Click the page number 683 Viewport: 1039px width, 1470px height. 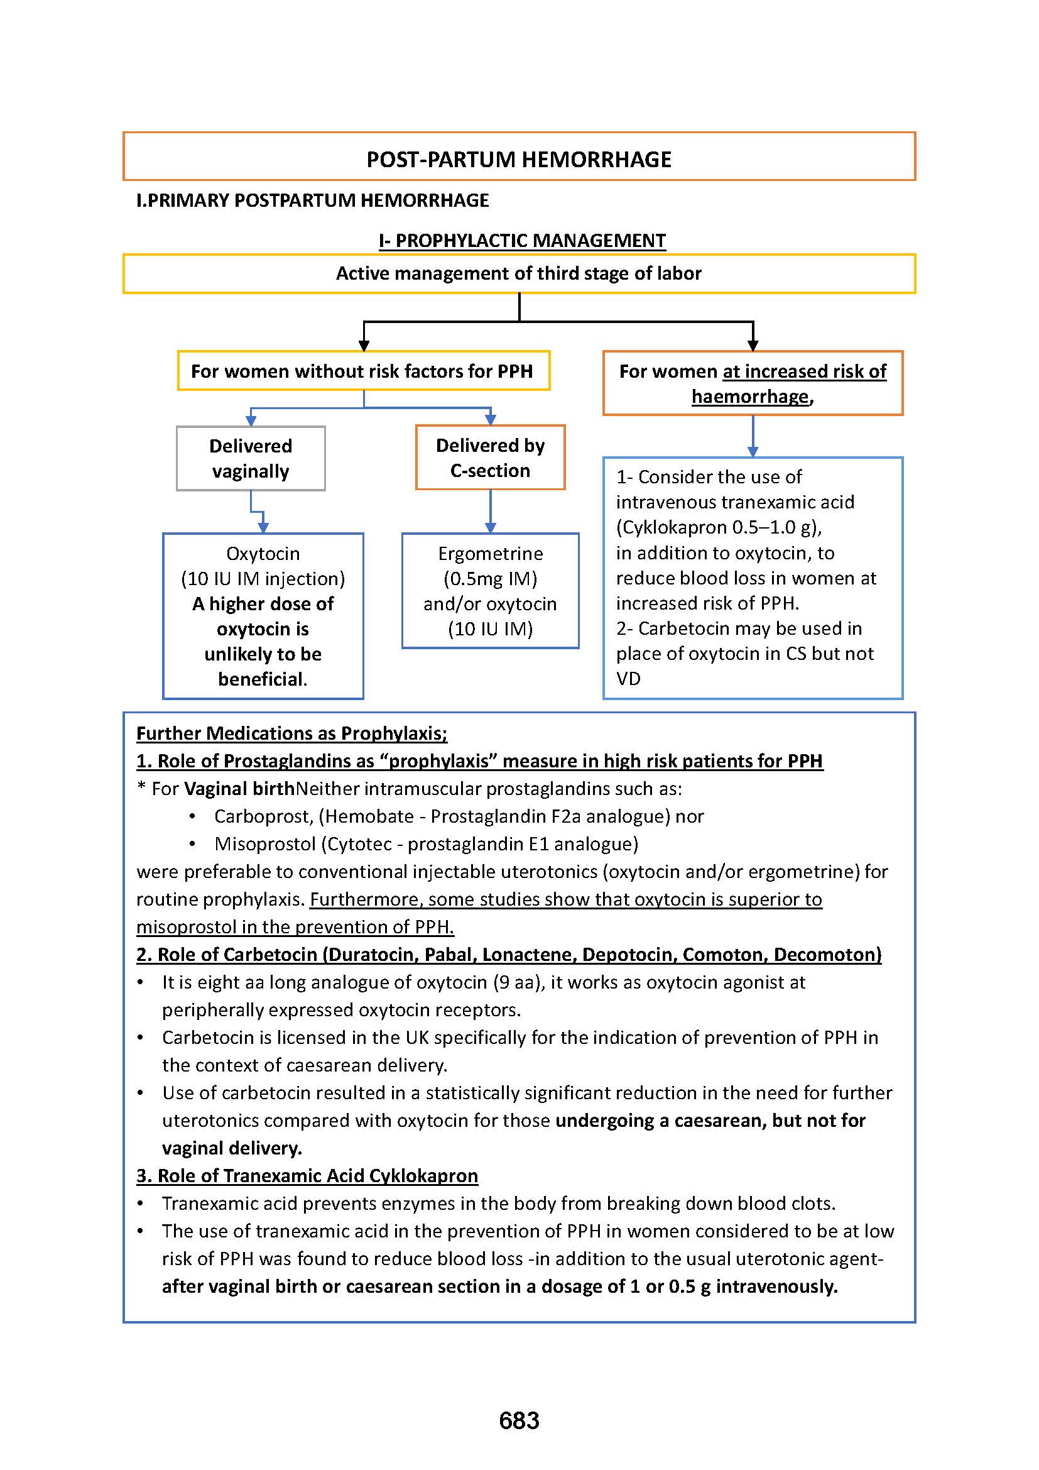tap(519, 1421)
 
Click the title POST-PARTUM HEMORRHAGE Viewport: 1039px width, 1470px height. tap(519, 160)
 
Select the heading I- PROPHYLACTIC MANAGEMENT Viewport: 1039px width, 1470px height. tap(522, 241)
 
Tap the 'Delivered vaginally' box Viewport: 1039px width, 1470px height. tap(251, 458)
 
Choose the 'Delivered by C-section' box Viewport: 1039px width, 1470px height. tap(490, 458)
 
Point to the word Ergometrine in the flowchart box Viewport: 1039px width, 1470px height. tap(490, 553)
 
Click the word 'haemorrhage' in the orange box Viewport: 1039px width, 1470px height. tap(750, 397)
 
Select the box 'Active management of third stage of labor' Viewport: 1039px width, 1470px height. tap(519, 273)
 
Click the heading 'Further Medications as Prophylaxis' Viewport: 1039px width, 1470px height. tap(291, 733)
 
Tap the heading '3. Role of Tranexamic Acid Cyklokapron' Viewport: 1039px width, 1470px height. tap(307, 1175)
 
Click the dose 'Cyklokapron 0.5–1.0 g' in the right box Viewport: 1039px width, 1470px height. tap(717, 527)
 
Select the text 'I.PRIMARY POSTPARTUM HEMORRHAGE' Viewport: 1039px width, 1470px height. tap(313, 200)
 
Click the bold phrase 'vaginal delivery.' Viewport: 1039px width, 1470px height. tap(232, 1148)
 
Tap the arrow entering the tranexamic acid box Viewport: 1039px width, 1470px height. tap(753, 449)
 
